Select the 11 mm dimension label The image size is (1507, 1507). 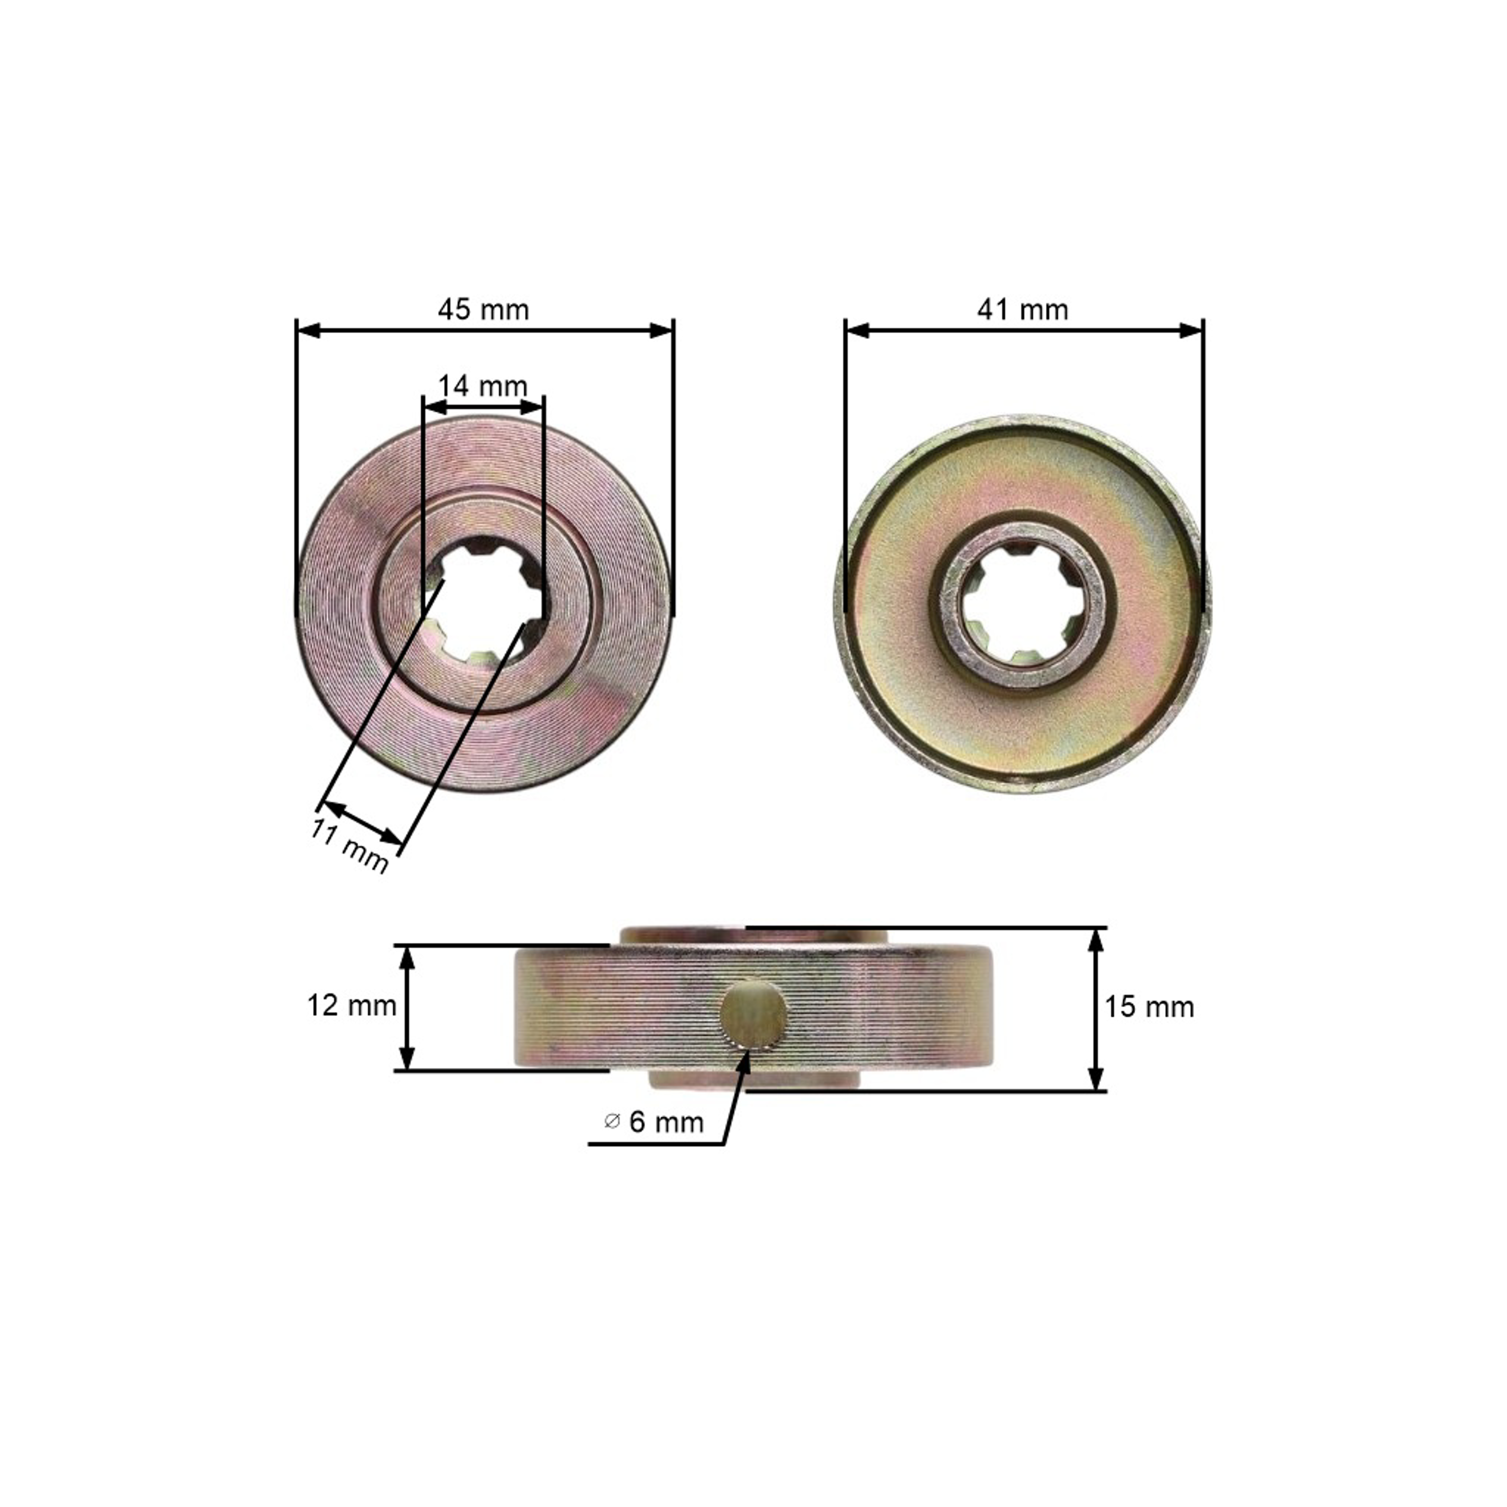(x=349, y=846)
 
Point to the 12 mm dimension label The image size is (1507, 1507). (x=352, y=1006)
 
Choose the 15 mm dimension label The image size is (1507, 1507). (x=1149, y=1008)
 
